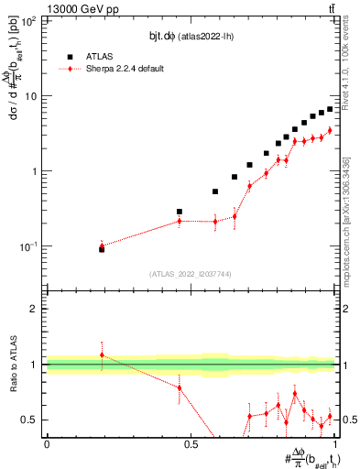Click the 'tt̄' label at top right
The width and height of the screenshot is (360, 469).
pos(331,8)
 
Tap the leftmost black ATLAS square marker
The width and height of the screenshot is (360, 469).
pos(102,248)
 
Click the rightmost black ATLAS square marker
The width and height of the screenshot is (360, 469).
pos(330,109)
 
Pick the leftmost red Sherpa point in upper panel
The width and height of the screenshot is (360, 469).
pos(102,245)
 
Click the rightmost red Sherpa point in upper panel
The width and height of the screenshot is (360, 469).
pos(330,130)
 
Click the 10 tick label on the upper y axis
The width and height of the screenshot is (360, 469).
pos(33,95)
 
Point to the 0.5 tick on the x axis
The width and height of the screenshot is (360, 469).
pos(191,446)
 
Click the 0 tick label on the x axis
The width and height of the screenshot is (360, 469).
pos(47,446)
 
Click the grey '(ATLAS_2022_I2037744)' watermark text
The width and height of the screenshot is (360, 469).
pos(191,274)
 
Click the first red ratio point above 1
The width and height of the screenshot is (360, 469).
pos(102,354)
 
